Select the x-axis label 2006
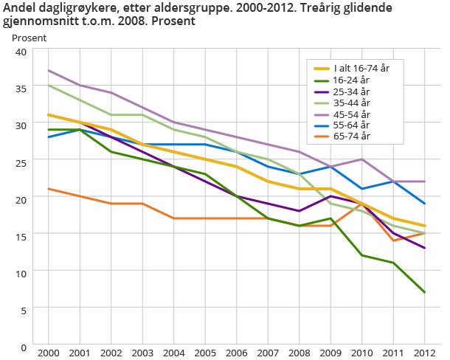[x=238, y=354]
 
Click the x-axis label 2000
[x=48, y=354]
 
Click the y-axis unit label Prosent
[x=29, y=37]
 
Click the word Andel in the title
[x=20, y=9]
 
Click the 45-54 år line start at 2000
[x=48, y=71]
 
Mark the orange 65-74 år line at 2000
[x=48, y=189]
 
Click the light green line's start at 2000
[x=48, y=86]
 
